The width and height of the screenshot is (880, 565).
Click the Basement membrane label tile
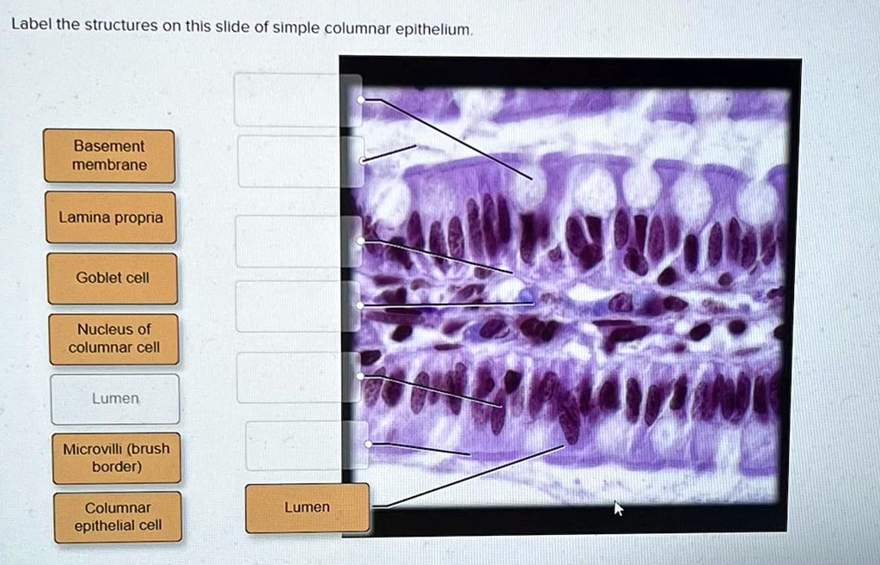pos(109,156)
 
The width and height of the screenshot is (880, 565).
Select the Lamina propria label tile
pos(111,218)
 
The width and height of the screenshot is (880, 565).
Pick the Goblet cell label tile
pos(113,278)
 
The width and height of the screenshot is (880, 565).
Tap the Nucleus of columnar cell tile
pos(113,338)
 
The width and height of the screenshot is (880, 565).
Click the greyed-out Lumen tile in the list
pos(115,399)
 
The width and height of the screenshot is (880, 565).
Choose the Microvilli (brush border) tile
pos(116,458)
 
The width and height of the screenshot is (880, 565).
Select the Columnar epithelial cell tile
pos(118,517)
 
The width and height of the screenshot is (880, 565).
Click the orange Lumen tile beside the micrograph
pos(307,507)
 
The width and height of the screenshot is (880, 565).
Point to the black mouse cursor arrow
pos(618,508)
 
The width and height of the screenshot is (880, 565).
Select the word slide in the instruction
pos(232,27)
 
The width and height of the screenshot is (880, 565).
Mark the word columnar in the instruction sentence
pos(352,28)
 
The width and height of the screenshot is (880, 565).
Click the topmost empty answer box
pos(286,100)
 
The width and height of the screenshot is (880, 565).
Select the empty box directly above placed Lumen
pos(295,445)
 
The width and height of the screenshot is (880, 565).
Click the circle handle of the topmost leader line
pos(361,100)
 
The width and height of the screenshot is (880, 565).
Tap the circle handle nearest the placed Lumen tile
pos(368,444)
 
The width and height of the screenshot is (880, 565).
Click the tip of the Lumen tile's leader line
pos(565,445)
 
